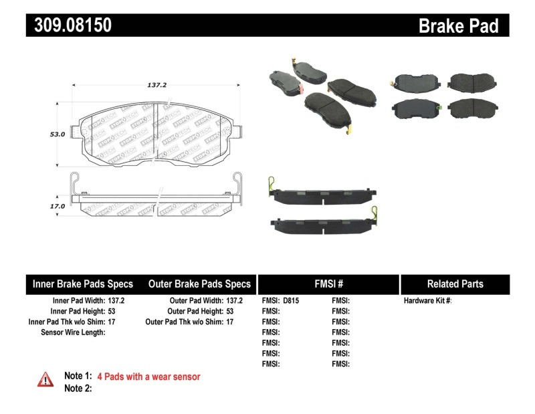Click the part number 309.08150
tap(70, 25)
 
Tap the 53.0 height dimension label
tap(58, 134)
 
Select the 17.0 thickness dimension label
tap(58, 206)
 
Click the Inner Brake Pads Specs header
tap(83, 284)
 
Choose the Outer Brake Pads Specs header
tap(199, 284)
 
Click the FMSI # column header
tap(328, 284)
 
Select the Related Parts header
tap(455, 284)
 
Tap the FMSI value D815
tap(291, 301)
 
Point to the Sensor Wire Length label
tap(73, 332)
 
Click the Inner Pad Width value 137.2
tap(116, 301)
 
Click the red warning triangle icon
tap(45, 379)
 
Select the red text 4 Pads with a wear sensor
tap(148, 377)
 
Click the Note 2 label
tap(78, 389)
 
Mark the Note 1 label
tap(78, 377)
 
